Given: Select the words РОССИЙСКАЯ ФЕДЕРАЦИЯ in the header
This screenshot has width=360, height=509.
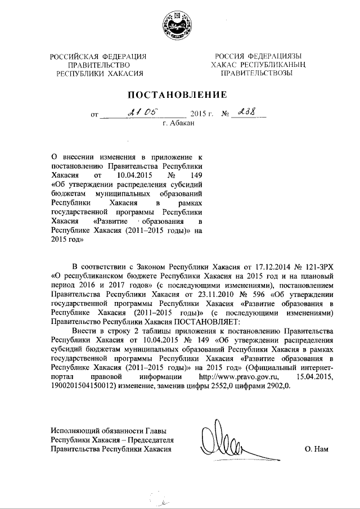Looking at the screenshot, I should click(x=98, y=56).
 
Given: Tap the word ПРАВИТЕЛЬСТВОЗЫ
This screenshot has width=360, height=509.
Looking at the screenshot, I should click(x=256, y=73).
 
